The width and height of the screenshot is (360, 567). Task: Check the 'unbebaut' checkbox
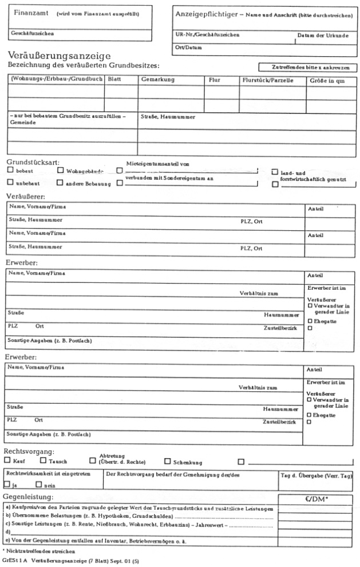[11, 183]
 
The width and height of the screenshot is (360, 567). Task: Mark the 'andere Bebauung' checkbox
[60, 183]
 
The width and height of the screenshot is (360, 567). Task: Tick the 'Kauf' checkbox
[7, 460]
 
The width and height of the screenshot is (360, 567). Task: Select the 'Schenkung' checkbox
[168, 460]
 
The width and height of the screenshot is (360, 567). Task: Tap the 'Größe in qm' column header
[327, 81]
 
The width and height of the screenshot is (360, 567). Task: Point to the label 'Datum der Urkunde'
[322, 36]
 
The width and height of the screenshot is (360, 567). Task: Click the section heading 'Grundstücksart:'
[34, 162]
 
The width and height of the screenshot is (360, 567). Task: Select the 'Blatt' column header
[114, 81]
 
